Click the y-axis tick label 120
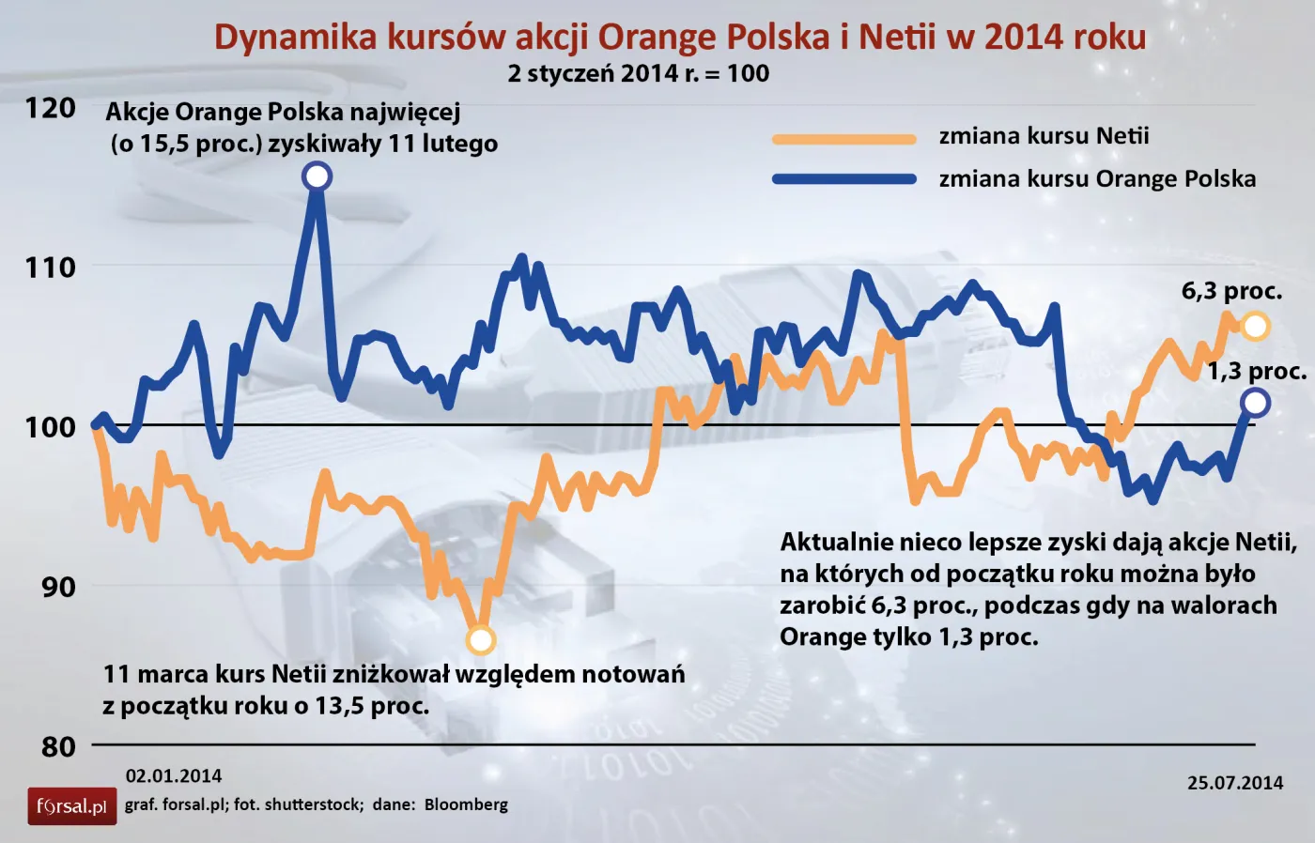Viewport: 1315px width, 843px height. click(50, 108)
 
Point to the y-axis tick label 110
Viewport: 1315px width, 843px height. click(50, 268)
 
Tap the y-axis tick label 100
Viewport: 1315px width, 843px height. click(50, 427)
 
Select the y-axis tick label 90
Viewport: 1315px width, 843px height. click(57, 587)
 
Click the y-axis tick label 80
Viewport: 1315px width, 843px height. click(57, 747)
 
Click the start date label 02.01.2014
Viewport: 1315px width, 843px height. click(174, 776)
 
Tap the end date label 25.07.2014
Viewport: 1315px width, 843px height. click(1234, 783)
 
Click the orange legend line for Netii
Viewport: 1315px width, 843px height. click(843, 139)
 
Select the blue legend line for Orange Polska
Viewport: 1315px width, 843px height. click(843, 179)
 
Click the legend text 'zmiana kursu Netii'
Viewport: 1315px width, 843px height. click(1044, 136)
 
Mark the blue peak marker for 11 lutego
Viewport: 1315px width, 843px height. click(317, 176)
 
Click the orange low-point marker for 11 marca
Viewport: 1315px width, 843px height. click(480, 640)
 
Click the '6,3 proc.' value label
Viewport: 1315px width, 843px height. click(1231, 291)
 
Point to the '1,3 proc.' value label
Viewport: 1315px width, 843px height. click(1257, 372)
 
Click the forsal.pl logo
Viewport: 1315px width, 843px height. click(71, 806)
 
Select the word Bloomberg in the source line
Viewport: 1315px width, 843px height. click(466, 805)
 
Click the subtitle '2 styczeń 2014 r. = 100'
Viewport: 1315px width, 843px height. click(638, 74)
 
